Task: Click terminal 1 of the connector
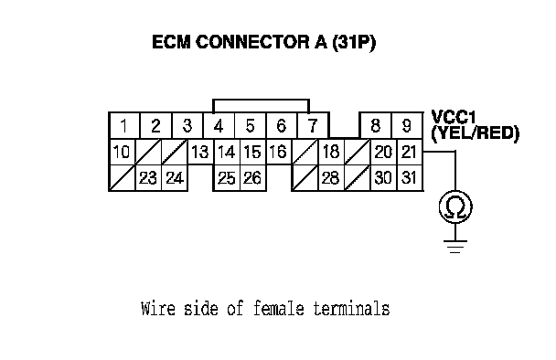[124, 125]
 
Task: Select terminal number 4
[219, 125]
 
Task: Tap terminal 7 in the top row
[313, 125]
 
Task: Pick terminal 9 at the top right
[407, 125]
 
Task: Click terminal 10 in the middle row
[122, 152]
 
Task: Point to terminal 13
[200, 152]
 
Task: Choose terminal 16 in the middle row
[278, 152]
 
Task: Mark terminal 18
[331, 152]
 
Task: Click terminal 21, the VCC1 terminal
[410, 152]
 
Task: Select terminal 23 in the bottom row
[148, 178]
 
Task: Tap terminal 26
[252, 178]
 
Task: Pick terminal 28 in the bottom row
[331, 178]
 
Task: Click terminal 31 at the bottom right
[410, 178]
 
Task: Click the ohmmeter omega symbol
[455, 206]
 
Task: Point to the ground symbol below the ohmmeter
[455, 247]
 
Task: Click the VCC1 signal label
[454, 117]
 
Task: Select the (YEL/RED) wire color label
[476, 133]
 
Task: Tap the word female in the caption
[279, 308]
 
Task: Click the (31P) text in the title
[354, 43]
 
